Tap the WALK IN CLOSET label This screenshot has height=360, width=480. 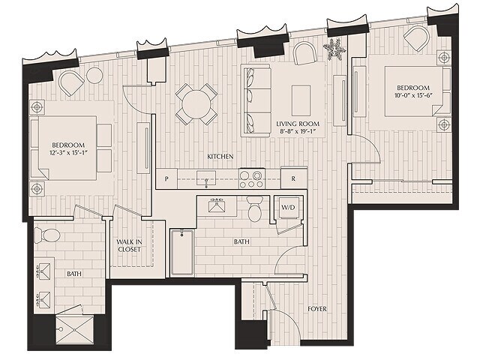point(129,247)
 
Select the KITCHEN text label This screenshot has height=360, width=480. point(220,156)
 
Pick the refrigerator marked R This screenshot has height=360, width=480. point(293,178)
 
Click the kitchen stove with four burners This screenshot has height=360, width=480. point(251,178)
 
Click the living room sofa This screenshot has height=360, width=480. point(256,100)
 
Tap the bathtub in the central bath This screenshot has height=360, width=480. point(181,253)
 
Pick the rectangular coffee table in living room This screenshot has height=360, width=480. point(301,97)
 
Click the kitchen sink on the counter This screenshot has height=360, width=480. point(205,178)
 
